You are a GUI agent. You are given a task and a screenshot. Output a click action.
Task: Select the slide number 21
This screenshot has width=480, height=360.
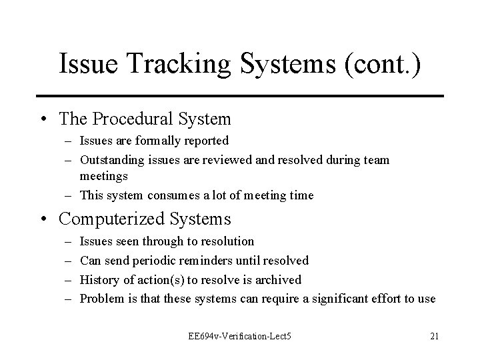[434, 336]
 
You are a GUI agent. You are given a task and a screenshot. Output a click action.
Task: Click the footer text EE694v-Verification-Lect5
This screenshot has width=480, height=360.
[240, 336]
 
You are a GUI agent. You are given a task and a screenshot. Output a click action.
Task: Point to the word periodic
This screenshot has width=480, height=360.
[155, 260]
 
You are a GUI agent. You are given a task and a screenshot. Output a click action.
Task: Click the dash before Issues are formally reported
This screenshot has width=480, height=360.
[69, 141]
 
